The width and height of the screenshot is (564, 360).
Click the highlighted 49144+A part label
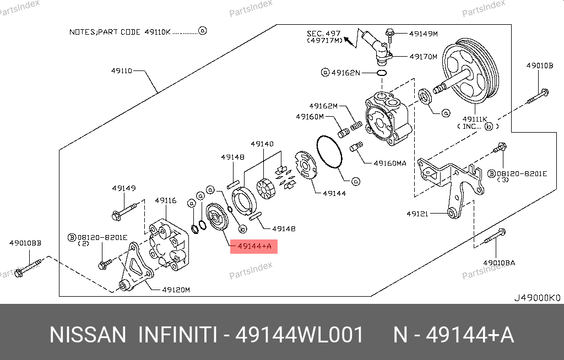[x=254, y=246]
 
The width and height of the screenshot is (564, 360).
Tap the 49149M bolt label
[x=423, y=34]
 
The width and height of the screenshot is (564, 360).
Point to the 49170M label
[x=423, y=56]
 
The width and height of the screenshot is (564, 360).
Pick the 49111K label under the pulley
[x=475, y=119]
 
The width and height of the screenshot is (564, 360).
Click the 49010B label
[x=539, y=66]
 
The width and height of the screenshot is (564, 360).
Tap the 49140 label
[x=262, y=144]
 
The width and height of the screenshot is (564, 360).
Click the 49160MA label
[x=389, y=163]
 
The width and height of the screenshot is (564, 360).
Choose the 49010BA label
[x=499, y=263]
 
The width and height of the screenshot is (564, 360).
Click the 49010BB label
[x=25, y=242]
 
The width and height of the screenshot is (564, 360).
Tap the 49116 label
[x=165, y=200]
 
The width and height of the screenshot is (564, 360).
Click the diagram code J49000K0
[x=536, y=298]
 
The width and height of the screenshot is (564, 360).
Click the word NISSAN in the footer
[x=88, y=335]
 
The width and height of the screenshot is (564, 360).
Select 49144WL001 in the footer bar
[x=300, y=335]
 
